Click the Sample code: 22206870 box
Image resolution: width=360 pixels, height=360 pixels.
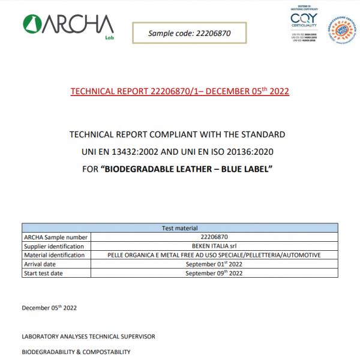(x=189, y=34)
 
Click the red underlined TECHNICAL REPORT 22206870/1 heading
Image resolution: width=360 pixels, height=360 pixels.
(x=180, y=92)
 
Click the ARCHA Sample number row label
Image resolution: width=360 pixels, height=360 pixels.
(x=51, y=238)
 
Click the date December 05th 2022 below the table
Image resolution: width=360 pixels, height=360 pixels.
(x=49, y=308)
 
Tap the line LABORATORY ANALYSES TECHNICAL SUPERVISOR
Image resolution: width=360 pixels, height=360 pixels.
(x=89, y=337)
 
